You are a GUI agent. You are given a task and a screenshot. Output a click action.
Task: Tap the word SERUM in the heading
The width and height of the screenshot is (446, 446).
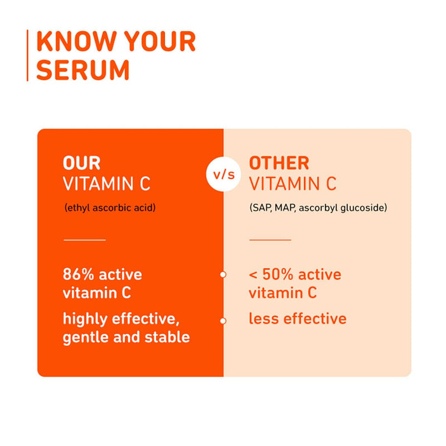(83, 70)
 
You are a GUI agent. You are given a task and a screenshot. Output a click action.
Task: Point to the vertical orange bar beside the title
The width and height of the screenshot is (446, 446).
(27, 56)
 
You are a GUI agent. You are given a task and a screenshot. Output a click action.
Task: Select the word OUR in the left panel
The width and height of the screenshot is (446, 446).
(81, 163)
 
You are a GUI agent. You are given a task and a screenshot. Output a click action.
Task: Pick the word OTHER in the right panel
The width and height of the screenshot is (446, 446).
(279, 163)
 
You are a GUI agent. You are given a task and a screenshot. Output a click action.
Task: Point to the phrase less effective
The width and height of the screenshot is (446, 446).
(297, 319)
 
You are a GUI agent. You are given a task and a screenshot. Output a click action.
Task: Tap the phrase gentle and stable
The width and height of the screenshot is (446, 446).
(126, 337)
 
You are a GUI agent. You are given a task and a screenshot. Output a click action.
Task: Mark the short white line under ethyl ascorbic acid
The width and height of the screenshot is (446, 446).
(85, 240)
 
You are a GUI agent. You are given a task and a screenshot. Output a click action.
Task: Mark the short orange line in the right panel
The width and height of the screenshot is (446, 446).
(270, 240)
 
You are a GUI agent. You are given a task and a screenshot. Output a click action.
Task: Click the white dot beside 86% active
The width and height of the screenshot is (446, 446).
(223, 274)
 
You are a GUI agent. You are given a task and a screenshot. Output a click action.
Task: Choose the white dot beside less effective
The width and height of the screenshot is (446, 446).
(223, 321)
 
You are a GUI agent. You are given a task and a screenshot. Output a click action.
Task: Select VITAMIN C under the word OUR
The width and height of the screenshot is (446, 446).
(106, 184)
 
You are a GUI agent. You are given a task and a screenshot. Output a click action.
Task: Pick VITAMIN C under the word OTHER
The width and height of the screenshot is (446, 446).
(293, 184)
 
